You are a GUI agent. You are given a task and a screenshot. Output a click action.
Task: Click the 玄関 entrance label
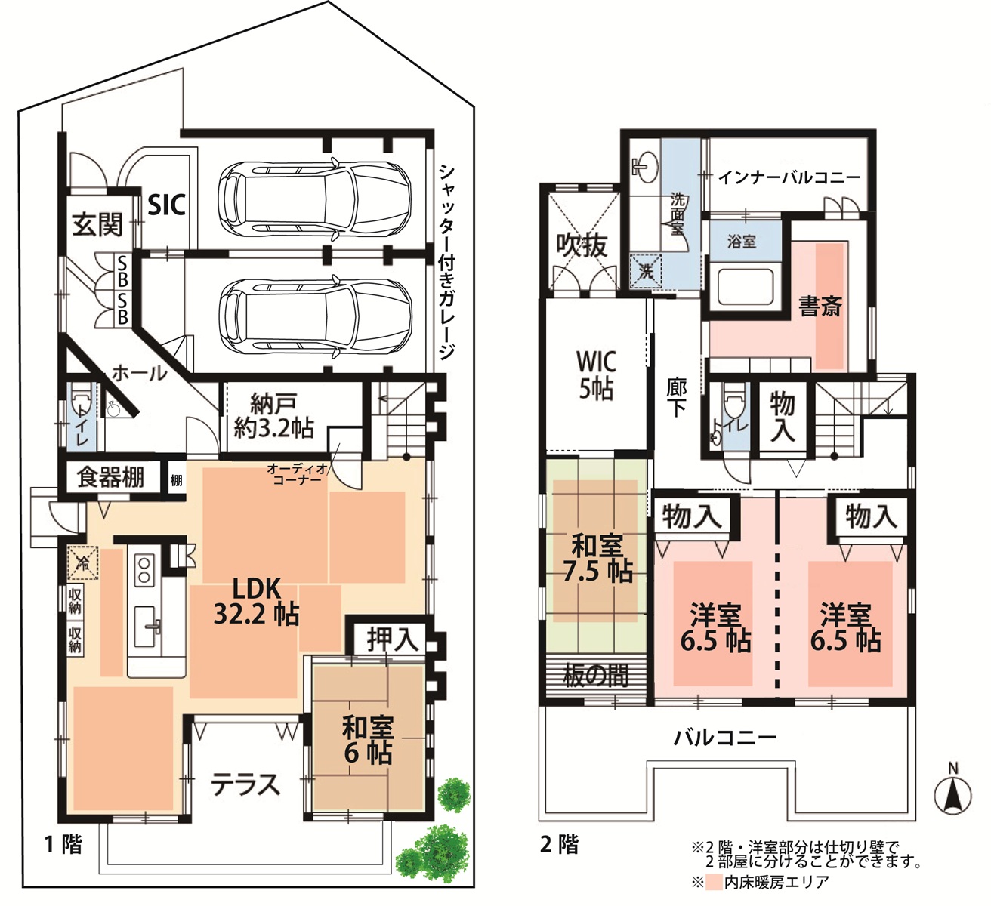97,224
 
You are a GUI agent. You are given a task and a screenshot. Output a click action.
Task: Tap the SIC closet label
166,204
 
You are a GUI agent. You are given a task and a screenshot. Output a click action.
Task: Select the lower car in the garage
314,314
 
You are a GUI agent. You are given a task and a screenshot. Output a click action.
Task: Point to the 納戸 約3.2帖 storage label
273,415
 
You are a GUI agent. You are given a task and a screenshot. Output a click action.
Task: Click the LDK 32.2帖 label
256,601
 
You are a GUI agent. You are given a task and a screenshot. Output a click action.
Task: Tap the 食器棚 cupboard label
110,478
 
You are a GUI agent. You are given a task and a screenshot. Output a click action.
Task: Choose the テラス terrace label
245,785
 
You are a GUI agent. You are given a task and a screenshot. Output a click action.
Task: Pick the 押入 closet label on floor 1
392,639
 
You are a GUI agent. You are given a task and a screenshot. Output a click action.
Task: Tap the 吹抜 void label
581,245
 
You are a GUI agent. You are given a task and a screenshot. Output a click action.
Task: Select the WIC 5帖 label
596,374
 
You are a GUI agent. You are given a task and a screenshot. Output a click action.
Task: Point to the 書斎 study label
820,307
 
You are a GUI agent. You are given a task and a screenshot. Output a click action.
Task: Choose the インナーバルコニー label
789,177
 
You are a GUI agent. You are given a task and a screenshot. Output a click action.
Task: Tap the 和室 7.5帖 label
597,558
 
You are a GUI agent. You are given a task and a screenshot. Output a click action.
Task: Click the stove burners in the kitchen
144,569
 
